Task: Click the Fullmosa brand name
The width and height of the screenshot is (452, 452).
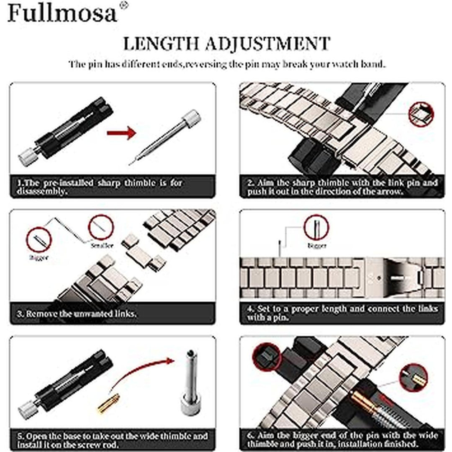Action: (62, 13)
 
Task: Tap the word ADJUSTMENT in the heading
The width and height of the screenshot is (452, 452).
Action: (268, 44)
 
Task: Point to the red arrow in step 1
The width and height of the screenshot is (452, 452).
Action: (121, 133)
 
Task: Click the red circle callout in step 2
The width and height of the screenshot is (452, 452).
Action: (421, 114)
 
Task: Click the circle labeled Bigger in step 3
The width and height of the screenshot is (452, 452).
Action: (39, 240)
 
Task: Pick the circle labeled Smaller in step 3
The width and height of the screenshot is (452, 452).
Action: (101, 227)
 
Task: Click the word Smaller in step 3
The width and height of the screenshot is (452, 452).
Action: (102, 246)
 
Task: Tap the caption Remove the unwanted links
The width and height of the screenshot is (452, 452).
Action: (77, 313)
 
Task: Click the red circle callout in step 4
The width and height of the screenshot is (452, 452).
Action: (316, 227)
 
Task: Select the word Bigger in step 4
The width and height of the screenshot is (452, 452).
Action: (317, 246)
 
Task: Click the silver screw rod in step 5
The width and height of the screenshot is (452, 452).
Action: (190, 382)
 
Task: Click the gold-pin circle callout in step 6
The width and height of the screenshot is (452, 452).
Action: (413, 378)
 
